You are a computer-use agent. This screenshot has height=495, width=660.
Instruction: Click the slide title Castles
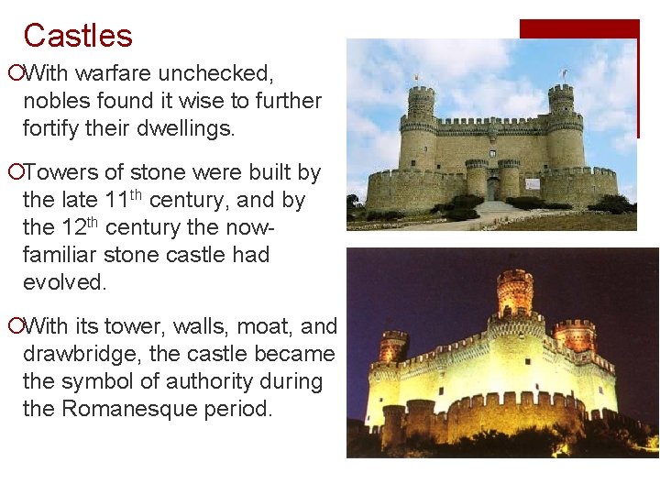tap(78, 36)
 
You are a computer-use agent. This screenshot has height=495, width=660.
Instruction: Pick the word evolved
tap(65, 281)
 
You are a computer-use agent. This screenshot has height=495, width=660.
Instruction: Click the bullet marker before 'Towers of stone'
tap(14, 172)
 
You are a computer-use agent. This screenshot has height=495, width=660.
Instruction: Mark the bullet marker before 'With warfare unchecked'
tap(14, 72)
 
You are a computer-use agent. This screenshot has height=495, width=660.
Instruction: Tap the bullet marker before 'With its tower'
tap(14, 326)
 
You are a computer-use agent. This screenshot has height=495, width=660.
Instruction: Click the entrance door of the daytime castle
tap(492, 189)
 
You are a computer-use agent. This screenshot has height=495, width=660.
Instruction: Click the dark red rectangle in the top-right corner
tap(578, 29)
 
